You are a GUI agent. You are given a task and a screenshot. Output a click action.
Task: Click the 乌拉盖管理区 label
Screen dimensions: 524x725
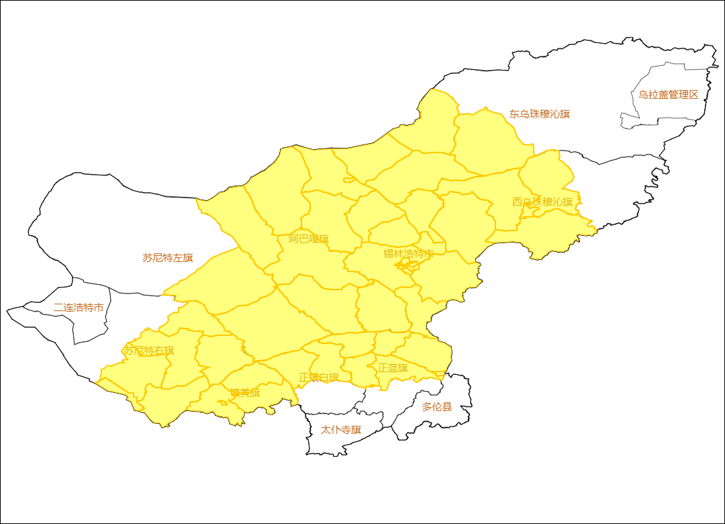(x=668, y=95)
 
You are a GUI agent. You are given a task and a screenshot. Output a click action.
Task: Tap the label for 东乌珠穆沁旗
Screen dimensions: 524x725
(x=539, y=114)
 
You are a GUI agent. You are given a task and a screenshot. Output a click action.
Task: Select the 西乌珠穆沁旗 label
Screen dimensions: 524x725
(x=542, y=202)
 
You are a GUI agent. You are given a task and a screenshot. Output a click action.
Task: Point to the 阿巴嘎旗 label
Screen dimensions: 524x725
(x=309, y=239)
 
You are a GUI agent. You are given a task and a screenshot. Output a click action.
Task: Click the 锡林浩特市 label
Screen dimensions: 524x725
(x=409, y=254)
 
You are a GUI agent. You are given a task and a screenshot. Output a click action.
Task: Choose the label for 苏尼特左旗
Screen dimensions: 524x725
(x=168, y=258)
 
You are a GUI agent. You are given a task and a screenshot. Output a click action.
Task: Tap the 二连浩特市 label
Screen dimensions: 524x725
(x=79, y=308)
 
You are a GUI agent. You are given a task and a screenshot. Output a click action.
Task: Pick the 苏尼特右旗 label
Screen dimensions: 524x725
(x=148, y=351)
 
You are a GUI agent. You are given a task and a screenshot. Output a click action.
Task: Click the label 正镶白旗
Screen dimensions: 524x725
(x=319, y=378)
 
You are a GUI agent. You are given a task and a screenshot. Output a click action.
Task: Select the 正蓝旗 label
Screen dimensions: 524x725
(x=393, y=368)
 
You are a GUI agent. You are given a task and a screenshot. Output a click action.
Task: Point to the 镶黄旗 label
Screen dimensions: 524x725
(x=245, y=393)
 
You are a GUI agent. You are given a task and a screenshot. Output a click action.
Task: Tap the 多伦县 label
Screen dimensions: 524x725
(x=437, y=407)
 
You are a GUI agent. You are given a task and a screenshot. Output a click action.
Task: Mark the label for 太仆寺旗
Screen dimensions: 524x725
(x=341, y=430)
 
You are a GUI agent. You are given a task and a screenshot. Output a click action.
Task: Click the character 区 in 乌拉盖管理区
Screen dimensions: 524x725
(x=693, y=95)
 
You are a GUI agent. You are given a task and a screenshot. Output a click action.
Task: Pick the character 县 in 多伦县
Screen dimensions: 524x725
(x=447, y=407)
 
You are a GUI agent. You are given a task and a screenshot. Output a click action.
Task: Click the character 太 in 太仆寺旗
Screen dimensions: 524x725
(x=326, y=430)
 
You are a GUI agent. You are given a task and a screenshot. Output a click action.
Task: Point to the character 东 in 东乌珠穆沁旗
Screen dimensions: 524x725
(x=514, y=114)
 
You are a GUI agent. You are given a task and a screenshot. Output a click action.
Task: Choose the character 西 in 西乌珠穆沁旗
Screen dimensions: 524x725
(x=518, y=202)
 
